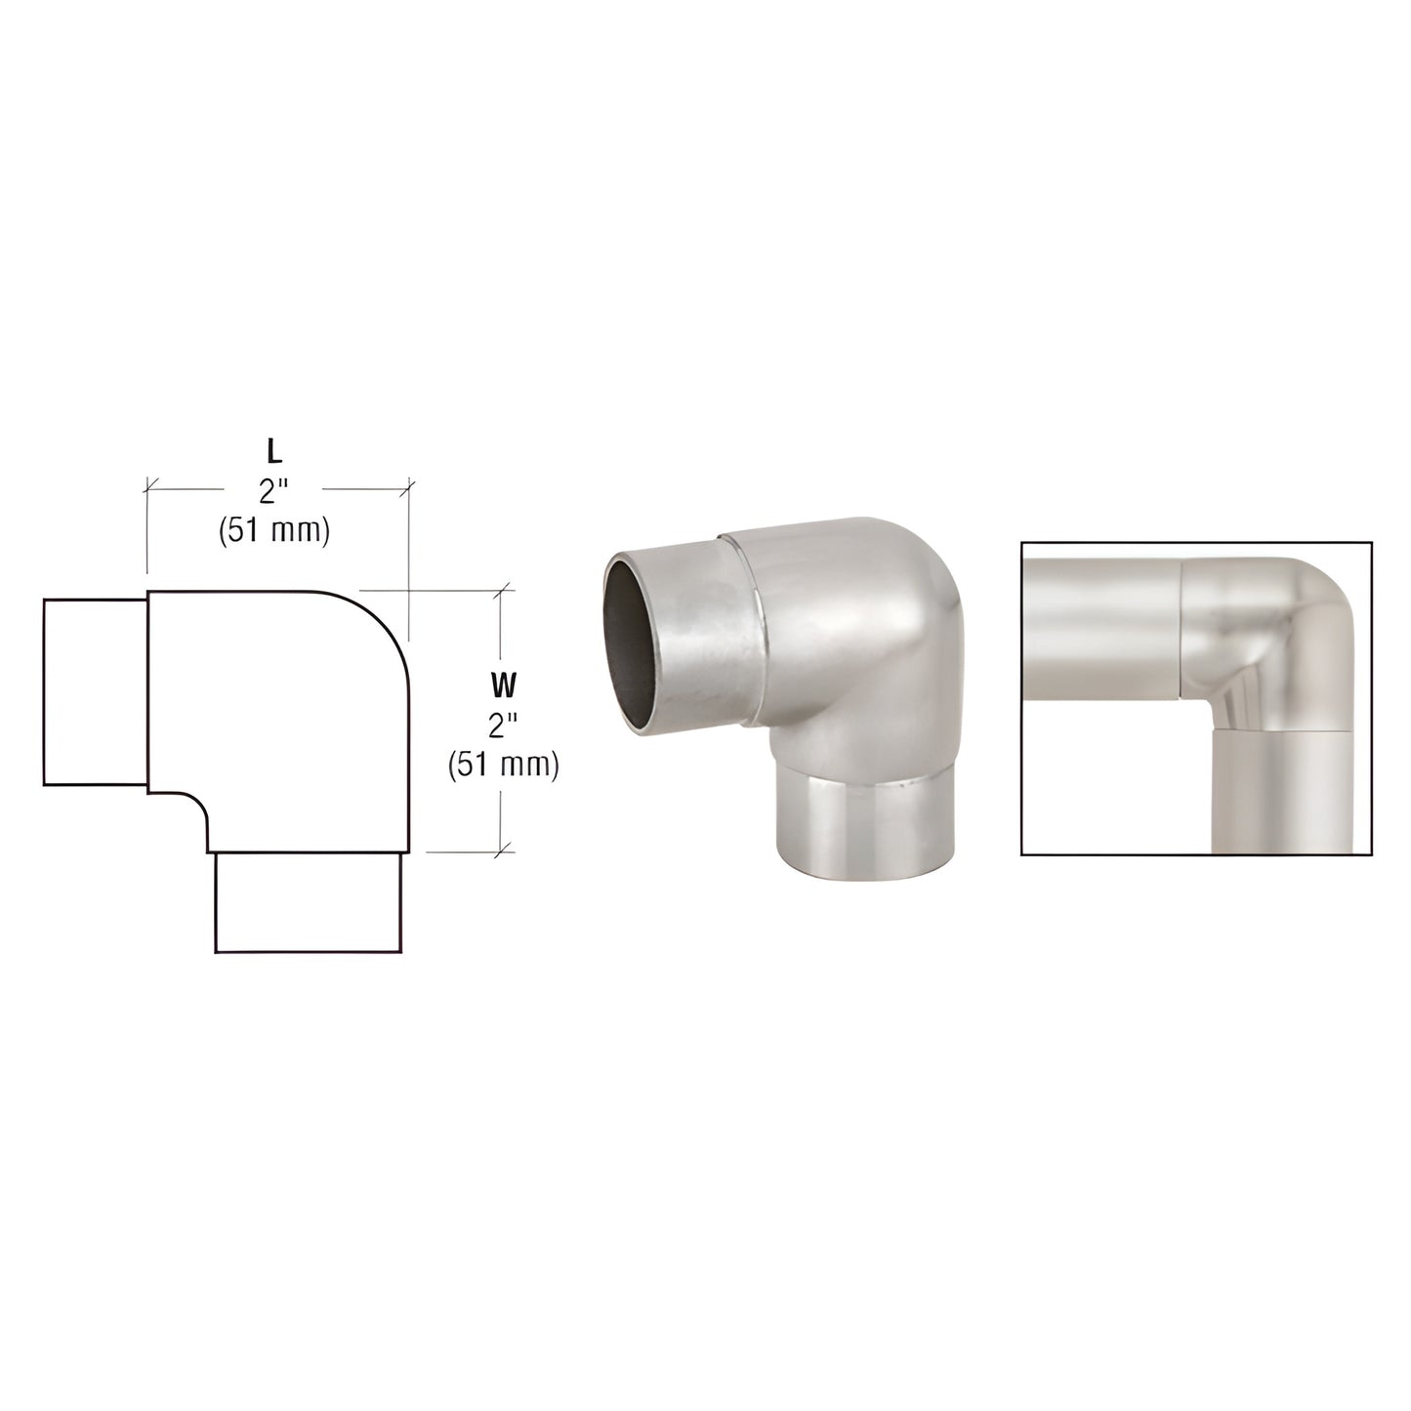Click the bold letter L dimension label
coord(275,452)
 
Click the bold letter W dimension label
coord(502,686)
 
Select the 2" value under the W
coord(502,726)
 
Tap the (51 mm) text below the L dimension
coord(275,530)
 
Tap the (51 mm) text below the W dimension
coord(503,765)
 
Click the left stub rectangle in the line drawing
coord(95,691)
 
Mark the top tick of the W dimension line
coord(502,590)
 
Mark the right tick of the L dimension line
coord(408,484)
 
